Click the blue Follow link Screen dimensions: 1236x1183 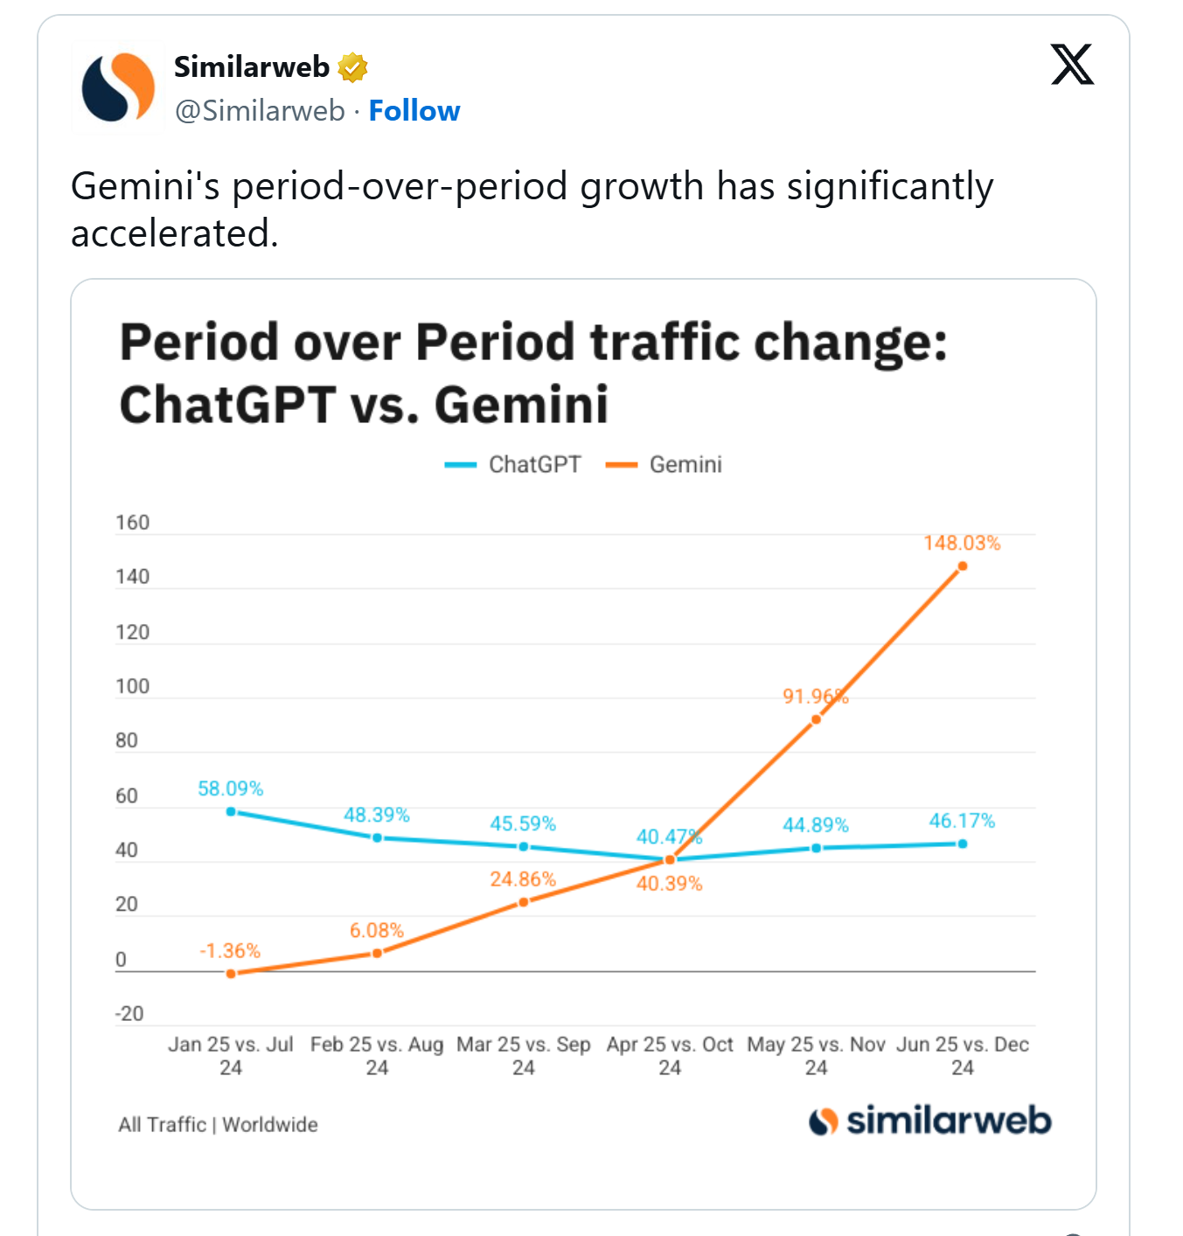[x=414, y=111]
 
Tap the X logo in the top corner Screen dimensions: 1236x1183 [x=1072, y=65]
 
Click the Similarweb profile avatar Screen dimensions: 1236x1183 [x=118, y=87]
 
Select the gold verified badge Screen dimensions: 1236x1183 [x=352, y=67]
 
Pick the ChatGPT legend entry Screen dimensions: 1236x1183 [x=513, y=464]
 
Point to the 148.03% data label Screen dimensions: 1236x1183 [x=962, y=543]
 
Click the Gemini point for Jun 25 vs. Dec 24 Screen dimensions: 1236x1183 [x=963, y=566]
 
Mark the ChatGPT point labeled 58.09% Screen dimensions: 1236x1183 [x=231, y=812]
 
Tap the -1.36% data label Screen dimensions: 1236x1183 [x=230, y=951]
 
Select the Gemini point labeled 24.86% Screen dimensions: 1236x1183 [x=524, y=902]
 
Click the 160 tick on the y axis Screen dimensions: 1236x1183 [x=132, y=523]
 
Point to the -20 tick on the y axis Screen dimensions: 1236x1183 [x=129, y=1014]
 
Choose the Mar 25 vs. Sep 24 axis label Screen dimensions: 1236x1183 [x=523, y=1056]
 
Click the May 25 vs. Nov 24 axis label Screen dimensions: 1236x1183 [x=816, y=1056]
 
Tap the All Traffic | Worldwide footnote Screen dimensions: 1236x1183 [x=218, y=1125]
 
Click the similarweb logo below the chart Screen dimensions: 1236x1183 [x=930, y=1121]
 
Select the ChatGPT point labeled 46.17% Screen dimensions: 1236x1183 [x=963, y=844]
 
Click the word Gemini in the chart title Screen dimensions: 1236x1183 [x=521, y=406]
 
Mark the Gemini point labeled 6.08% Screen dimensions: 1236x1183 [x=378, y=953]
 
